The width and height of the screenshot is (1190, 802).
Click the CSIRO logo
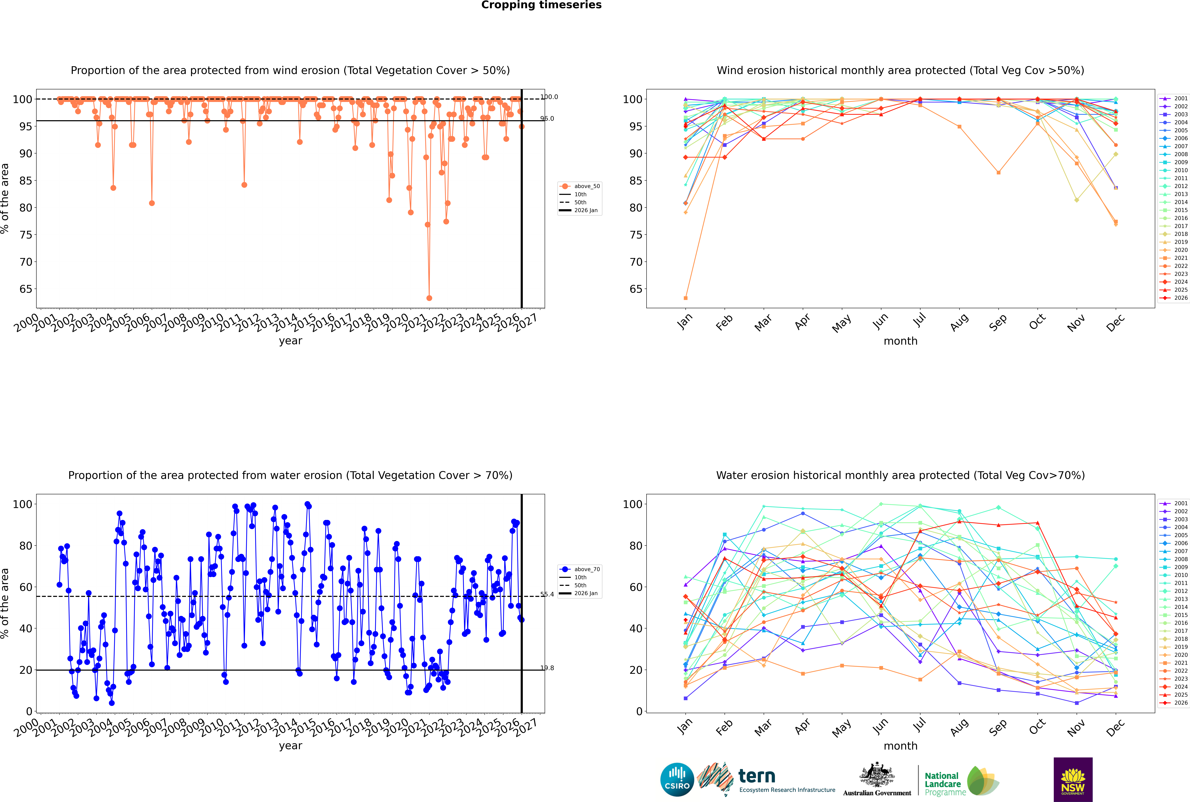click(x=677, y=780)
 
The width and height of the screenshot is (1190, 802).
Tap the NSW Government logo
click(x=1073, y=780)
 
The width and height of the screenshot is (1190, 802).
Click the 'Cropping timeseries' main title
click(x=541, y=5)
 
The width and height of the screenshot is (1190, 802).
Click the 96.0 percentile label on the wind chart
click(x=547, y=119)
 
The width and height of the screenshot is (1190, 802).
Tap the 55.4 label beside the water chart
click(x=547, y=594)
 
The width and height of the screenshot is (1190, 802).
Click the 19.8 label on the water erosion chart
click(x=547, y=668)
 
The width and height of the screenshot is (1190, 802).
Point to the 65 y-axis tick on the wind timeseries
click(x=26, y=289)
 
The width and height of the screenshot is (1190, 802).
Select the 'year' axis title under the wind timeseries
click(x=291, y=341)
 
